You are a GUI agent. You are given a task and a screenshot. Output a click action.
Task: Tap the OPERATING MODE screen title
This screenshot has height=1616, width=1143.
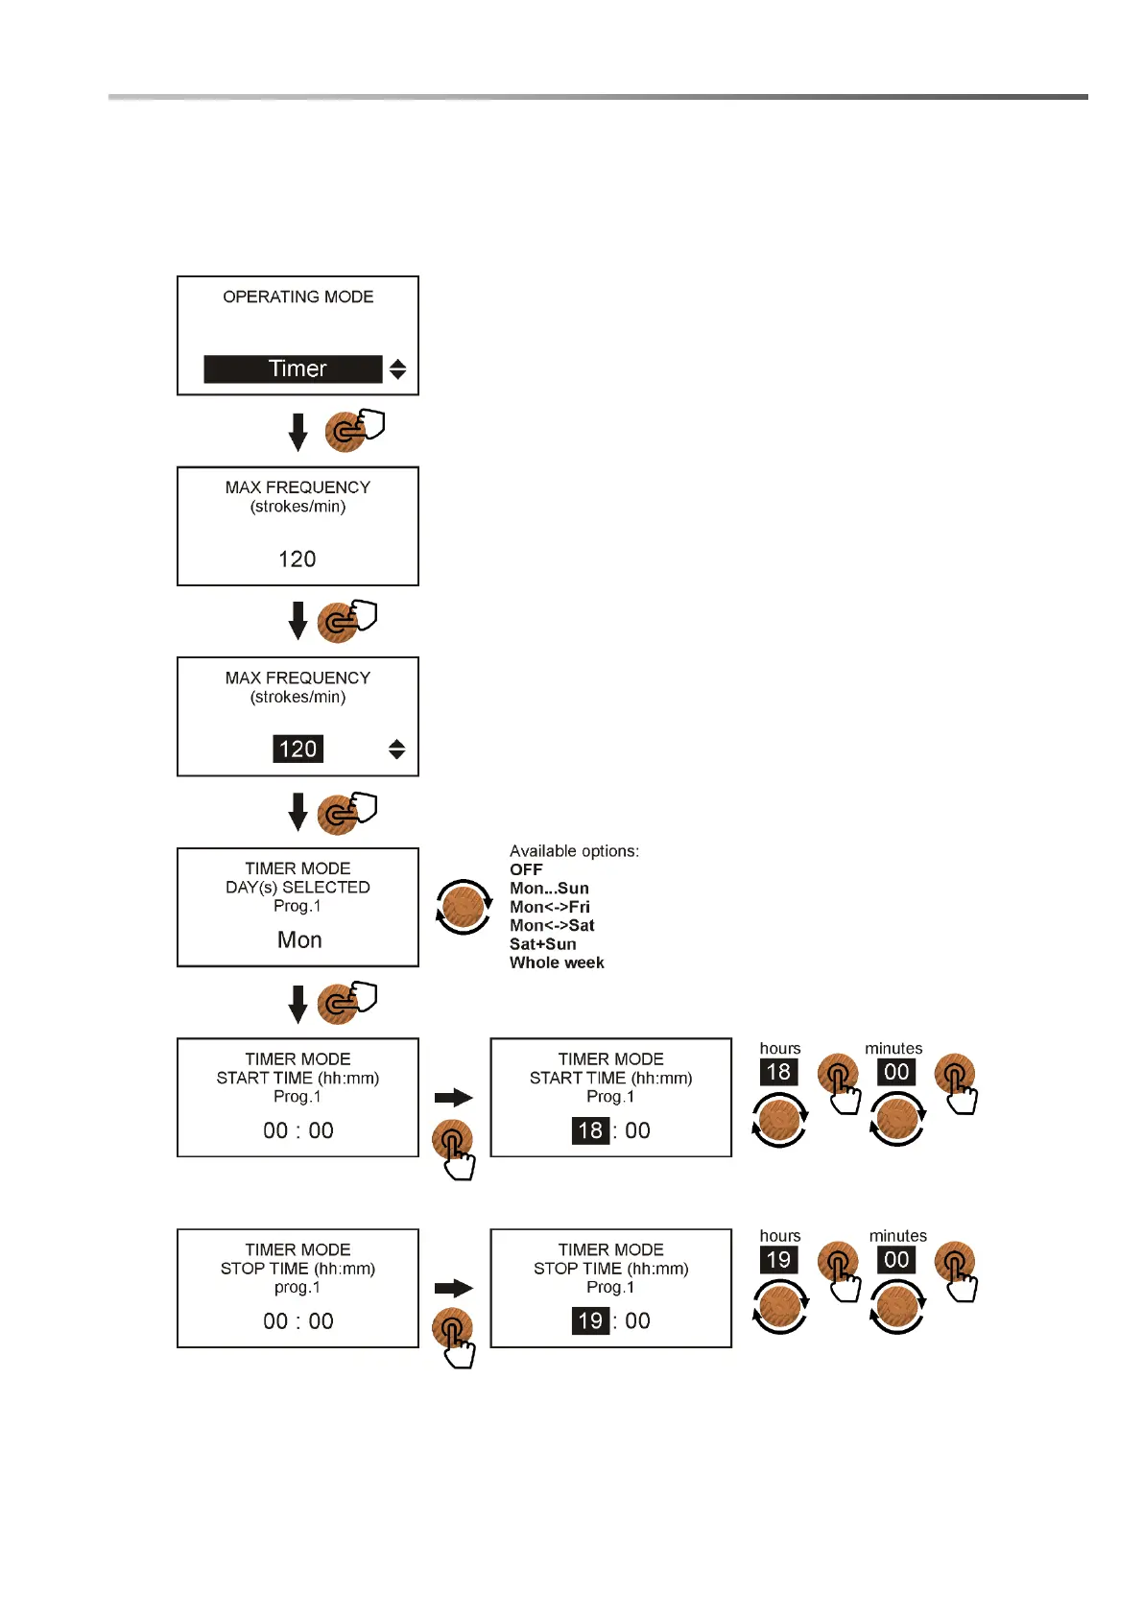(x=298, y=297)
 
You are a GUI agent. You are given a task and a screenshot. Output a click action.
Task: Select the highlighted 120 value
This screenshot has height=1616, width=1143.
(x=298, y=749)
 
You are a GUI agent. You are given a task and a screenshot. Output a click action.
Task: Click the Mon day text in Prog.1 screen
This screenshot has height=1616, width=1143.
(x=298, y=939)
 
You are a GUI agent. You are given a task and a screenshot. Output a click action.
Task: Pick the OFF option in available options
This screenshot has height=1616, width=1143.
(x=526, y=869)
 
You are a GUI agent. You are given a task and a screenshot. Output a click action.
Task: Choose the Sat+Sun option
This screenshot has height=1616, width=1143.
(x=542, y=944)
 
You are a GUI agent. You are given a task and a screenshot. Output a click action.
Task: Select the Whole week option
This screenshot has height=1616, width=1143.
(x=557, y=962)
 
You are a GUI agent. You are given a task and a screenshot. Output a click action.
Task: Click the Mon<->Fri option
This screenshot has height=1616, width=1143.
(x=549, y=907)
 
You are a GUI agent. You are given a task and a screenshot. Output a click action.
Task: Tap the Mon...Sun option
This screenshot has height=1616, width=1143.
(x=549, y=889)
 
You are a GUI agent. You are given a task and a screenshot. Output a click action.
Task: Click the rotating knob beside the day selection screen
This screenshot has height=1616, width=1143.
(x=464, y=906)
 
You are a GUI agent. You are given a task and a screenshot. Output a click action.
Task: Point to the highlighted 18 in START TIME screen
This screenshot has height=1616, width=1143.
(x=590, y=1130)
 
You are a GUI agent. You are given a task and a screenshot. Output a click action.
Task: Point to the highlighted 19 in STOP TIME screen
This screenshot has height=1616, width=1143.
(x=590, y=1320)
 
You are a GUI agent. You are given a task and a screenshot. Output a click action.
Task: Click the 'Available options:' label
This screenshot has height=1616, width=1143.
(x=574, y=851)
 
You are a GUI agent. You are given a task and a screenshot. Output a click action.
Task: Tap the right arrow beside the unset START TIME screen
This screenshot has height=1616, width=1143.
(x=454, y=1097)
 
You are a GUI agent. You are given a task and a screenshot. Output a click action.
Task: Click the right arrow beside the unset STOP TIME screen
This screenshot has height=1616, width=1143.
(x=454, y=1288)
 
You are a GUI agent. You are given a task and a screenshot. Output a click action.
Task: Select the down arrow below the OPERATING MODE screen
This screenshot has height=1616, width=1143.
(x=298, y=432)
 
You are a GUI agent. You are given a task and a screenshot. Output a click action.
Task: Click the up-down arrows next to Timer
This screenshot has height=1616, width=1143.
(x=397, y=368)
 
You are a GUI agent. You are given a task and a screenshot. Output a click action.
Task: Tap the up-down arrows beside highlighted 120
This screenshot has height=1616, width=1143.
(x=396, y=749)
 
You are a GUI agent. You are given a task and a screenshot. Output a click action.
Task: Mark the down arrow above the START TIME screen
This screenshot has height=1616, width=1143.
(x=298, y=1004)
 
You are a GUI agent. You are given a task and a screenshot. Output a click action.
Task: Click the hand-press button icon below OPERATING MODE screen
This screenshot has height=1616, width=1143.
(x=353, y=430)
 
